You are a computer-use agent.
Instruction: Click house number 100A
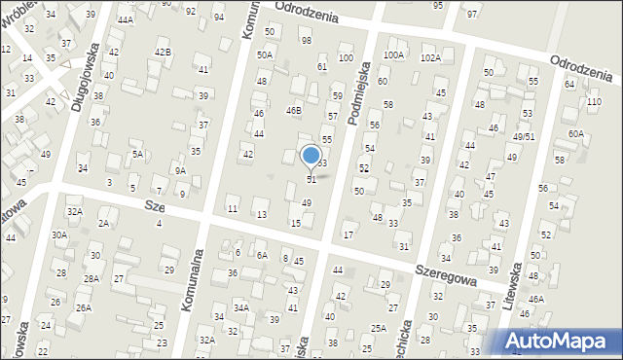393,55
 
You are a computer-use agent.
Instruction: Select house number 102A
430,57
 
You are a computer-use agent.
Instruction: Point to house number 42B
163,52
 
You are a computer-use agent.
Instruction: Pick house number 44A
125,19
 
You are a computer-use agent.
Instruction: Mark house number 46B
293,111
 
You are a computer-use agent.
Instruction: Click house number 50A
264,55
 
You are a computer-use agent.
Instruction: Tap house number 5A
138,154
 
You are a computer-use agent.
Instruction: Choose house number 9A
180,170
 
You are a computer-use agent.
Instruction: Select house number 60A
576,133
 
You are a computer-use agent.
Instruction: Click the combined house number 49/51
525,136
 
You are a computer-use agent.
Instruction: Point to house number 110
595,102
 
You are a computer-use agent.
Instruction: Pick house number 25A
378,329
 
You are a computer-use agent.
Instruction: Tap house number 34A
241,307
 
